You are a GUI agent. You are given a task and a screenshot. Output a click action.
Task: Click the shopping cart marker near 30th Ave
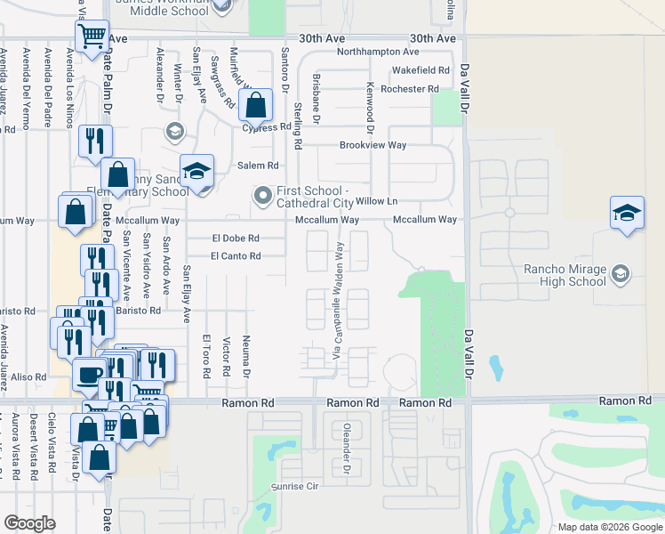(92, 37)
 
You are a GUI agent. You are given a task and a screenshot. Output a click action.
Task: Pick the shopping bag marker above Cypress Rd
(256, 106)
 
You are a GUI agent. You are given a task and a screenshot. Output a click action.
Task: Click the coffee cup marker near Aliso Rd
(89, 374)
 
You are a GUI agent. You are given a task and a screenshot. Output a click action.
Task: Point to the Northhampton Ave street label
(378, 52)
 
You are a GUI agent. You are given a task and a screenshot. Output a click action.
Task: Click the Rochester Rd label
(410, 89)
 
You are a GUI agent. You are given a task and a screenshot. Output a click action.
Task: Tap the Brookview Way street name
(373, 145)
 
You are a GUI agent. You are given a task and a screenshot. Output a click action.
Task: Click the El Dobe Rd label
(235, 239)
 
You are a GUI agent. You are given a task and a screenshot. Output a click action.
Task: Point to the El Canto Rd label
(235, 256)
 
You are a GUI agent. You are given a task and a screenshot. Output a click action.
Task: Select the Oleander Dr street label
(348, 456)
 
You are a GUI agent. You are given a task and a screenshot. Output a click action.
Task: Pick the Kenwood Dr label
(370, 104)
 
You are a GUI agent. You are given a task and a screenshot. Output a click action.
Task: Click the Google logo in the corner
(29, 523)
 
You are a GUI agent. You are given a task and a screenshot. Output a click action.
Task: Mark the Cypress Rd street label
(267, 127)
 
